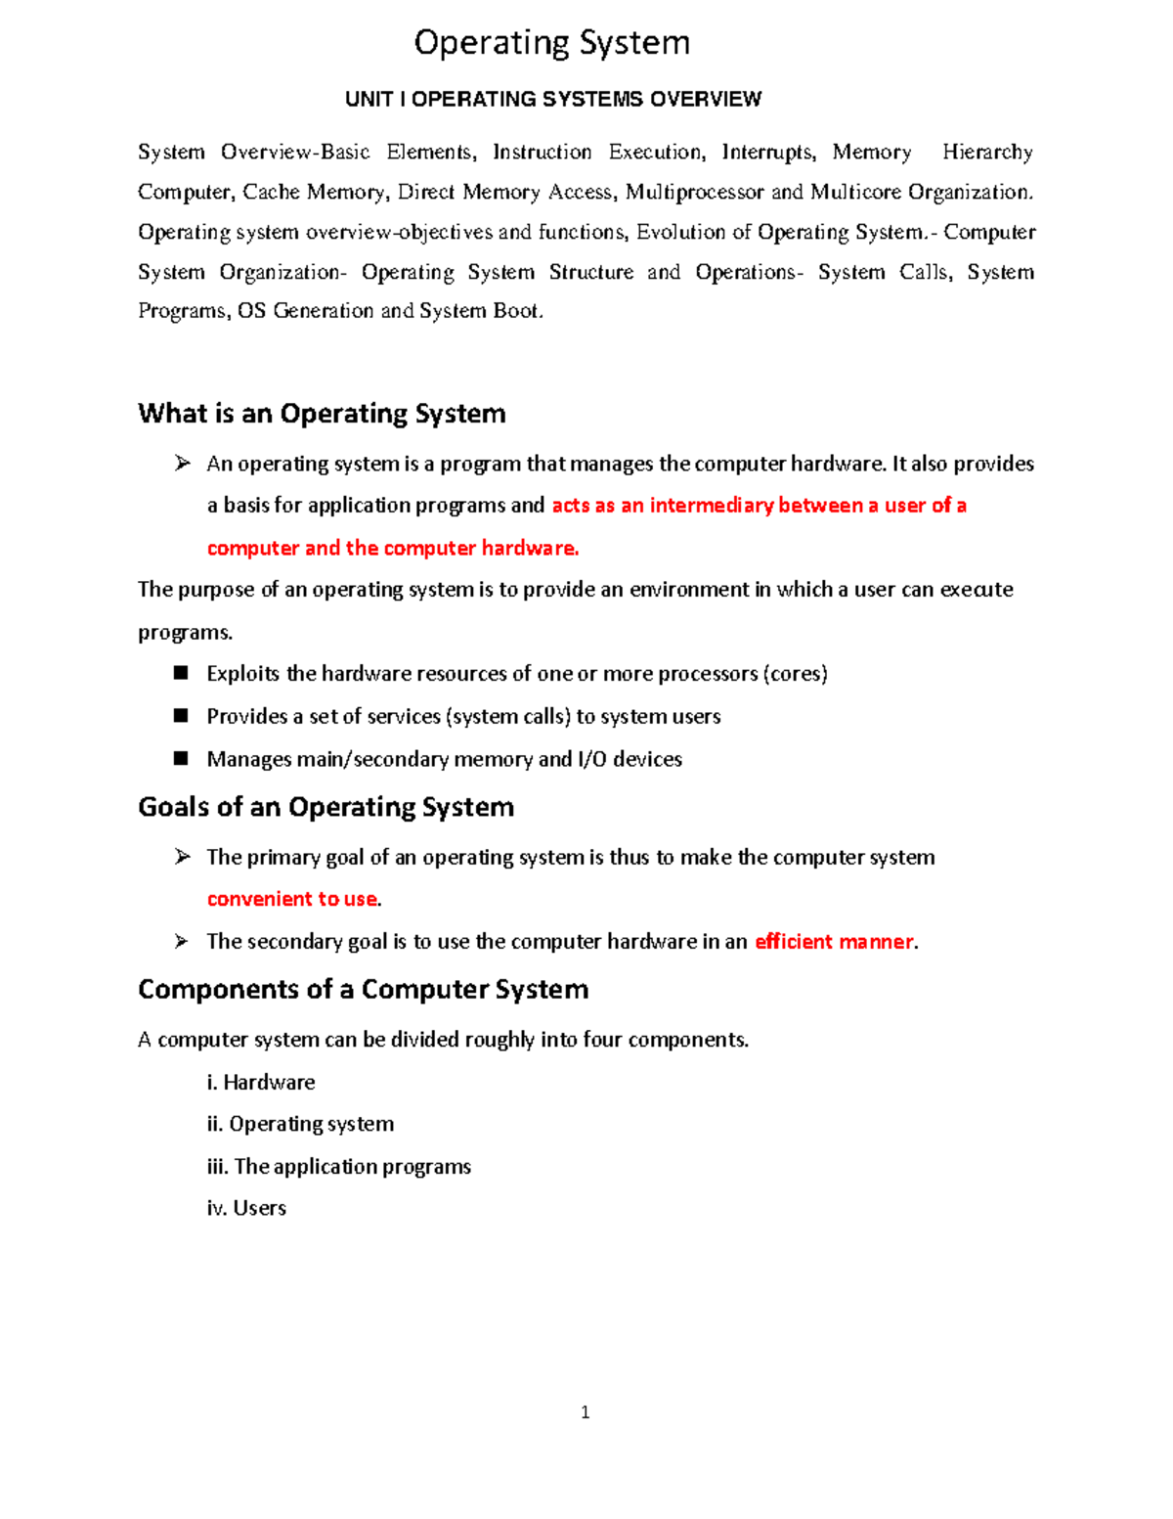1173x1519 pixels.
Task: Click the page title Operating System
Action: [551, 43]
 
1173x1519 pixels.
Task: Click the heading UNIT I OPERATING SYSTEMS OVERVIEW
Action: [552, 99]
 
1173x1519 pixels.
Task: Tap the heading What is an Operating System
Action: [322, 414]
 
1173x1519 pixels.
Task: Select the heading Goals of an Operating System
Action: [326, 807]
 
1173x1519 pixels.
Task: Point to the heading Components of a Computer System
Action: [363, 990]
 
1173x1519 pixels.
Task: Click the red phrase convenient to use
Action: [292, 899]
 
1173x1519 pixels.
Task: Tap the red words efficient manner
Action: [834, 942]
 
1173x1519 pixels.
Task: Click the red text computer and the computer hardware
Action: [392, 548]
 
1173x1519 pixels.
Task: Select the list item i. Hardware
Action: [261, 1083]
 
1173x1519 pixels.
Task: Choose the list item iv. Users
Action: [246, 1208]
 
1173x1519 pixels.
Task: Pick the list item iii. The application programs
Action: [338, 1167]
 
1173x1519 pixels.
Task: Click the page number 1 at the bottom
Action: [585, 1412]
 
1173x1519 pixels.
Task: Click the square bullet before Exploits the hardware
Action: [181, 673]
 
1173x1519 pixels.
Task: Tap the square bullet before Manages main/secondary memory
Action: [181, 758]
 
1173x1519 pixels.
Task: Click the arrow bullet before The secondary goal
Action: [182, 941]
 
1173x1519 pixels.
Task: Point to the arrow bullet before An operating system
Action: [182, 464]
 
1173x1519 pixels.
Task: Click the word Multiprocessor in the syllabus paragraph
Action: [695, 193]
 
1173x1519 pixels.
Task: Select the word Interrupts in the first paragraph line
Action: [767, 153]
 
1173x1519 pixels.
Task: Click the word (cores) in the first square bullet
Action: [796, 674]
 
